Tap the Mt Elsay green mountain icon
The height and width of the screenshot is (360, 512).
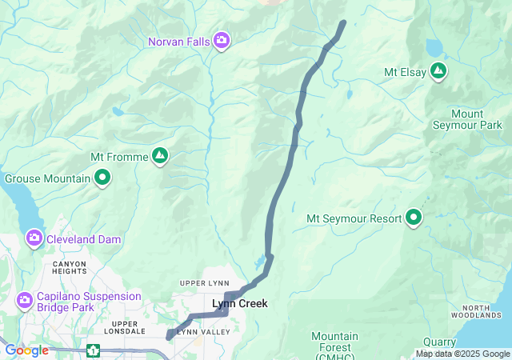(x=438, y=72)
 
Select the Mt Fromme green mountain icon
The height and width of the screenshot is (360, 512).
(x=160, y=156)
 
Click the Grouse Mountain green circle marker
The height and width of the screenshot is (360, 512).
(x=102, y=178)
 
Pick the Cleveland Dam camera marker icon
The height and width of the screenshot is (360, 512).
(x=34, y=238)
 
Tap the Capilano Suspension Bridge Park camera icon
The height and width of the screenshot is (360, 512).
(x=25, y=300)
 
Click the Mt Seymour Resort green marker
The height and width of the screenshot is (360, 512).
(x=414, y=218)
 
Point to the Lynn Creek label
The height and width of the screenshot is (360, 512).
(x=239, y=304)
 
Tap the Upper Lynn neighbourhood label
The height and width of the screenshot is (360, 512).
(x=204, y=284)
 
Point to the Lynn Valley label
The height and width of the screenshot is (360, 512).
(x=198, y=331)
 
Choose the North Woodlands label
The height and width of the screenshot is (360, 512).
(x=486, y=313)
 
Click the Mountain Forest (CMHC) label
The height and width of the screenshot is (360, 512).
(x=335, y=342)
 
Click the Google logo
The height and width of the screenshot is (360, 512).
(x=26, y=350)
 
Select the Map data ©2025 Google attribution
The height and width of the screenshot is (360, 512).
(x=462, y=354)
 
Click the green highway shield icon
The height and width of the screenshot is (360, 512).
(x=94, y=350)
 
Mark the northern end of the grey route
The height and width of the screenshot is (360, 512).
(x=343, y=22)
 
